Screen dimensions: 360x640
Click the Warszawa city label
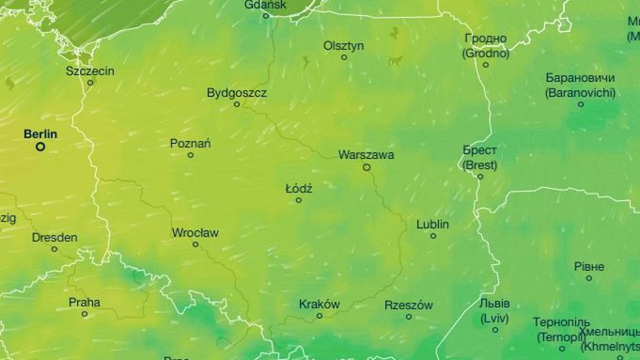click(x=366, y=154)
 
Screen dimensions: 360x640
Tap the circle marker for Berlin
click(x=40, y=147)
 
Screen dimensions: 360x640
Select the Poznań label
click(x=190, y=143)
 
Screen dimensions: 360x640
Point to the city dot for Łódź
click(x=299, y=200)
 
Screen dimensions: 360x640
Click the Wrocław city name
click(x=195, y=232)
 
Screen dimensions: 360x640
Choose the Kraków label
click(x=319, y=304)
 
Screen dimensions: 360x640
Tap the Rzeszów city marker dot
click(x=409, y=317)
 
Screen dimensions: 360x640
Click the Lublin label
click(x=432, y=225)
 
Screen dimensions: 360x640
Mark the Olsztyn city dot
click(x=344, y=57)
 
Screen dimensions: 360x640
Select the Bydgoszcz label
click(x=237, y=93)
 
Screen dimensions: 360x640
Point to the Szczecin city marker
click(x=90, y=83)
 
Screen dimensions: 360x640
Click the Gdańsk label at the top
click(x=264, y=4)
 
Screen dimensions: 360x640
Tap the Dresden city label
click(x=55, y=238)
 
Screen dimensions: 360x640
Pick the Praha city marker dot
click(x=85, y=314)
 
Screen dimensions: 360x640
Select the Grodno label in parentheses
click(x=485, y=53)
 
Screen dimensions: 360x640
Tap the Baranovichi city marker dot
click(x=580, y=104)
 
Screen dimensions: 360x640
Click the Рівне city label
click(x=588, y=266)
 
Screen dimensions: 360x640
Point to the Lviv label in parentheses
click(x=494, y=319)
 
